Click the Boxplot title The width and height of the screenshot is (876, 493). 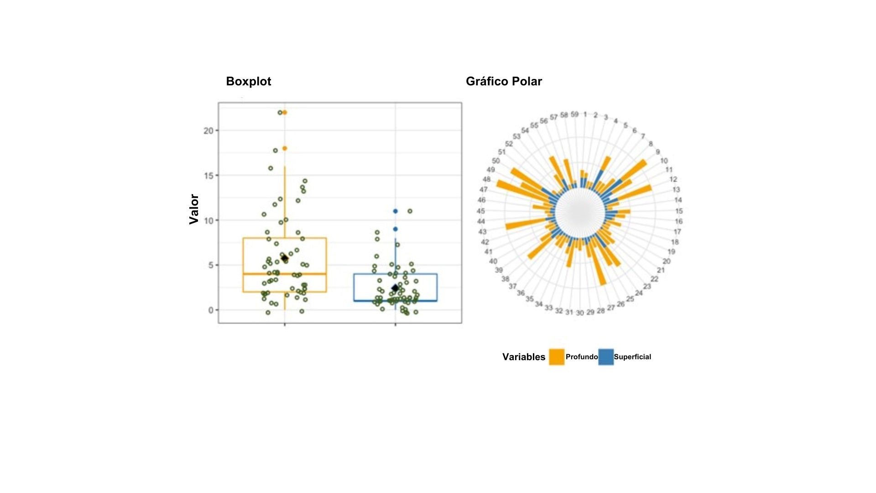pyautogui.click(x=248, y=81)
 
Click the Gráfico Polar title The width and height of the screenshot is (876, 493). pyautogui.click(x=504, y=81)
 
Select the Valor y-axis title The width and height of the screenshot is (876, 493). pyautogui.click(x=194, y=209)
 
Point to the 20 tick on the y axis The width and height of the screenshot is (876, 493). pyautogui.click(x=209, y=131)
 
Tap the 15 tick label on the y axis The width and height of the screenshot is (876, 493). pyautogui.click(x=209, y=175)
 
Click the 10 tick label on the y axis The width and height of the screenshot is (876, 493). pyautogui.click(x=209, y=220)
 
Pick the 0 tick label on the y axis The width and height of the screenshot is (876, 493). pyautogui.click(x=211, y=310)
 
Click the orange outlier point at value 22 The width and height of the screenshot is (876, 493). pyautogui.click(x=285, y=112)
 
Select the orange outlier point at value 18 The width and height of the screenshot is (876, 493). pyautogui.click(x=285, y=148)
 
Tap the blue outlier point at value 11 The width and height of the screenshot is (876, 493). pyautogui.click(x=396, y=211)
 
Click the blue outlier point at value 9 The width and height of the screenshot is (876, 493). pyautogui.click(x=396, y=229)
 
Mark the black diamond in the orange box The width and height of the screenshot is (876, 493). pyautogui.click(x=285, y=258)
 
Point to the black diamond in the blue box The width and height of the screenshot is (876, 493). pyautogui.click(x=395, y=288)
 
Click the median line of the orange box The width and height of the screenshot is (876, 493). pyautogui.click(x=285, y=274)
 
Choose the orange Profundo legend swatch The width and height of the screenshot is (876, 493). pyautogui.click(x=557, y=357)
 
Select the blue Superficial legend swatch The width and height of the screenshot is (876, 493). pyautogui.click(x=606, y=357)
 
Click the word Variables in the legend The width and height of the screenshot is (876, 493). pyautogui.click(x=524, y=357)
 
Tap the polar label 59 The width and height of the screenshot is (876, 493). pyautogui.click(x=575, y=114)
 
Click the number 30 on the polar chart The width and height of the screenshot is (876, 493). pyautogui.click(x=579, y=313)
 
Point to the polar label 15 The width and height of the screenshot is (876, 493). pyautogui.click(x=679, y=211)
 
